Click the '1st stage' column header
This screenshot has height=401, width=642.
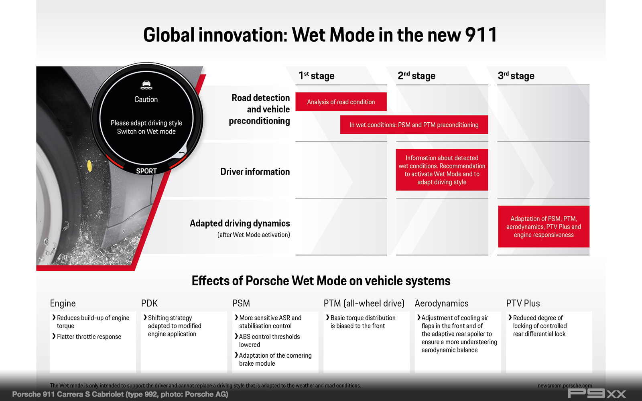[x=317, y=76]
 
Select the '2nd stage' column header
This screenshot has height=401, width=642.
[x=416, y=76]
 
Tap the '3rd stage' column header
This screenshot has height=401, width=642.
[x=516, y=76]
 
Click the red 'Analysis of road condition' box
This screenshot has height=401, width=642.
[x=341, y=102]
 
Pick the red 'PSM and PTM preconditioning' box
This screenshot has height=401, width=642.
[x=414, y=125]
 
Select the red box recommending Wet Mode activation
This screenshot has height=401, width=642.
[x=442, y=170]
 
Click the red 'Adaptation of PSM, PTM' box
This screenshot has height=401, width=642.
[x=544, y=227]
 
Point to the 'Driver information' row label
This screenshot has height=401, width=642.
[x=255, y=172]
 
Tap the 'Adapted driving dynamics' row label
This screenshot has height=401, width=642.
[x=240, y=223]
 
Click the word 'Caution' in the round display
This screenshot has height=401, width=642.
[x=146, y=99]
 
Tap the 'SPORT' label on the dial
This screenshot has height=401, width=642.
[x=146, y=171]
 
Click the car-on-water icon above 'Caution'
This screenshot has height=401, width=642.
[x=146, y=85]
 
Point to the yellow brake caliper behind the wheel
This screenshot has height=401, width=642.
[x=89, y=166]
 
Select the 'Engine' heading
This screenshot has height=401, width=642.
[x=63, y=303]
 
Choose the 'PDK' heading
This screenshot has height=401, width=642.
[x=149, y=303]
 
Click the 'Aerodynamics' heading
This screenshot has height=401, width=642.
[x=441, y=303]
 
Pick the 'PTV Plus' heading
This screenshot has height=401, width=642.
[x=523, y=303]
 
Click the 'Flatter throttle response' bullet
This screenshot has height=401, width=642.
[x=87, y=336]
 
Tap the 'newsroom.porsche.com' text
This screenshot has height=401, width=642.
[x=565, y=385]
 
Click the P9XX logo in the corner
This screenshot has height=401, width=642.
[x=597, y=393]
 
